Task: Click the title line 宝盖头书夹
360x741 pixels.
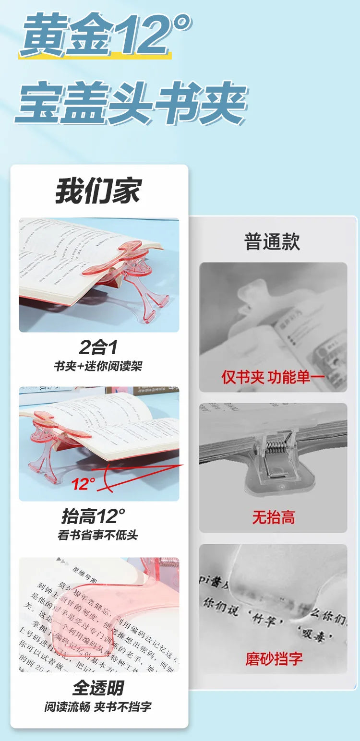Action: (x=131, y=103)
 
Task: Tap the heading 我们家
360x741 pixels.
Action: (x=98, y=191)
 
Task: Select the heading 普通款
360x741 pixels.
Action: (x=272, y=241)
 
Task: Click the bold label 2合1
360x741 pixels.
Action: (x=98, y=347)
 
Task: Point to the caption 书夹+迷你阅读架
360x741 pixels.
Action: (x=98, y=366)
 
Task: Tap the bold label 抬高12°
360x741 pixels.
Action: (x=93, y=517)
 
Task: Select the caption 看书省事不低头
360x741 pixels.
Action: (x=98, y=535)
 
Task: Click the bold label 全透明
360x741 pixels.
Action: (x=98, y=688)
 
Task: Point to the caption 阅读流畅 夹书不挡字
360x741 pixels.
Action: (x=98, y=706)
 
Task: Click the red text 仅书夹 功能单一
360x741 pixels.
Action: (x=273, y=377)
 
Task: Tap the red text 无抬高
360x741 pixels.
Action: (x=273, y=517)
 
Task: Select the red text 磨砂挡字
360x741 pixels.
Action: (x=274, y=658)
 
